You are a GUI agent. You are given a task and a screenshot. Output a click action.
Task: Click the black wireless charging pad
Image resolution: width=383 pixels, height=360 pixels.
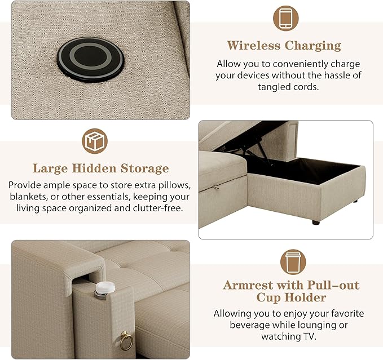90,59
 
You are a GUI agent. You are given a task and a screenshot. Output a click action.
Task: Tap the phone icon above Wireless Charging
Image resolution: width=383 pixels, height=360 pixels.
285,19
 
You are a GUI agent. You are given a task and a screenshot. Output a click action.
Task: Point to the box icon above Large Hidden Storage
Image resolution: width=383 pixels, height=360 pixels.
95,141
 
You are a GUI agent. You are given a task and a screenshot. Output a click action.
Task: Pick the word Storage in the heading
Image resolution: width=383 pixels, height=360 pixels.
144,169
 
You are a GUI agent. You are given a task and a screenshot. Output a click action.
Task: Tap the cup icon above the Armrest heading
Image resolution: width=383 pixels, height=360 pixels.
293,262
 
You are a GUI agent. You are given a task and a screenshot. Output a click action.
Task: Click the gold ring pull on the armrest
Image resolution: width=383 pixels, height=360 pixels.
126,341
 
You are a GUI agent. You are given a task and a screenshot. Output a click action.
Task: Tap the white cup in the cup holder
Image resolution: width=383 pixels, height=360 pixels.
105,288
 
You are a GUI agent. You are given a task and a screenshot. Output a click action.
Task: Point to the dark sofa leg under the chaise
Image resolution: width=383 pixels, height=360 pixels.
316,222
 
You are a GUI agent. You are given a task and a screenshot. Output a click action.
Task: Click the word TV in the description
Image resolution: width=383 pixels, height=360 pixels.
310,337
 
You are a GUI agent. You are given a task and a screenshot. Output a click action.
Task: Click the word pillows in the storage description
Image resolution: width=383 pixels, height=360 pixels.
175,185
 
